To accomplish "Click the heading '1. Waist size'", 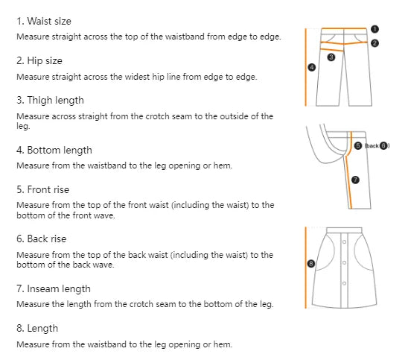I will coord(45,22).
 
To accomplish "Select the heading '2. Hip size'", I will coord(39,61).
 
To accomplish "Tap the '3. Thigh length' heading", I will coord(50,100).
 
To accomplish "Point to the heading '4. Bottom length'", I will coord(54,150).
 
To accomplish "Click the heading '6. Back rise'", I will coord(42,239).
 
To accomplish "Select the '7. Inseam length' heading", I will coord(54,288).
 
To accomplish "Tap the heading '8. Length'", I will coord(37,328).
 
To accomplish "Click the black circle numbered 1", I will coord(374,29).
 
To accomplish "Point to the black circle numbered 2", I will coord(374,43).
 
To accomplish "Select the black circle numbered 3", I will coord(331,57).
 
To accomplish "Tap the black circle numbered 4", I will coord(311,67).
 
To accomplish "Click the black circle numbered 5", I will coord(358,146).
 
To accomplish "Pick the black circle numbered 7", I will coord(355,180).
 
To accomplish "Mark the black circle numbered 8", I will coord(311,263).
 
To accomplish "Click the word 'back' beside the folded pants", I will coord(372,146).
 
